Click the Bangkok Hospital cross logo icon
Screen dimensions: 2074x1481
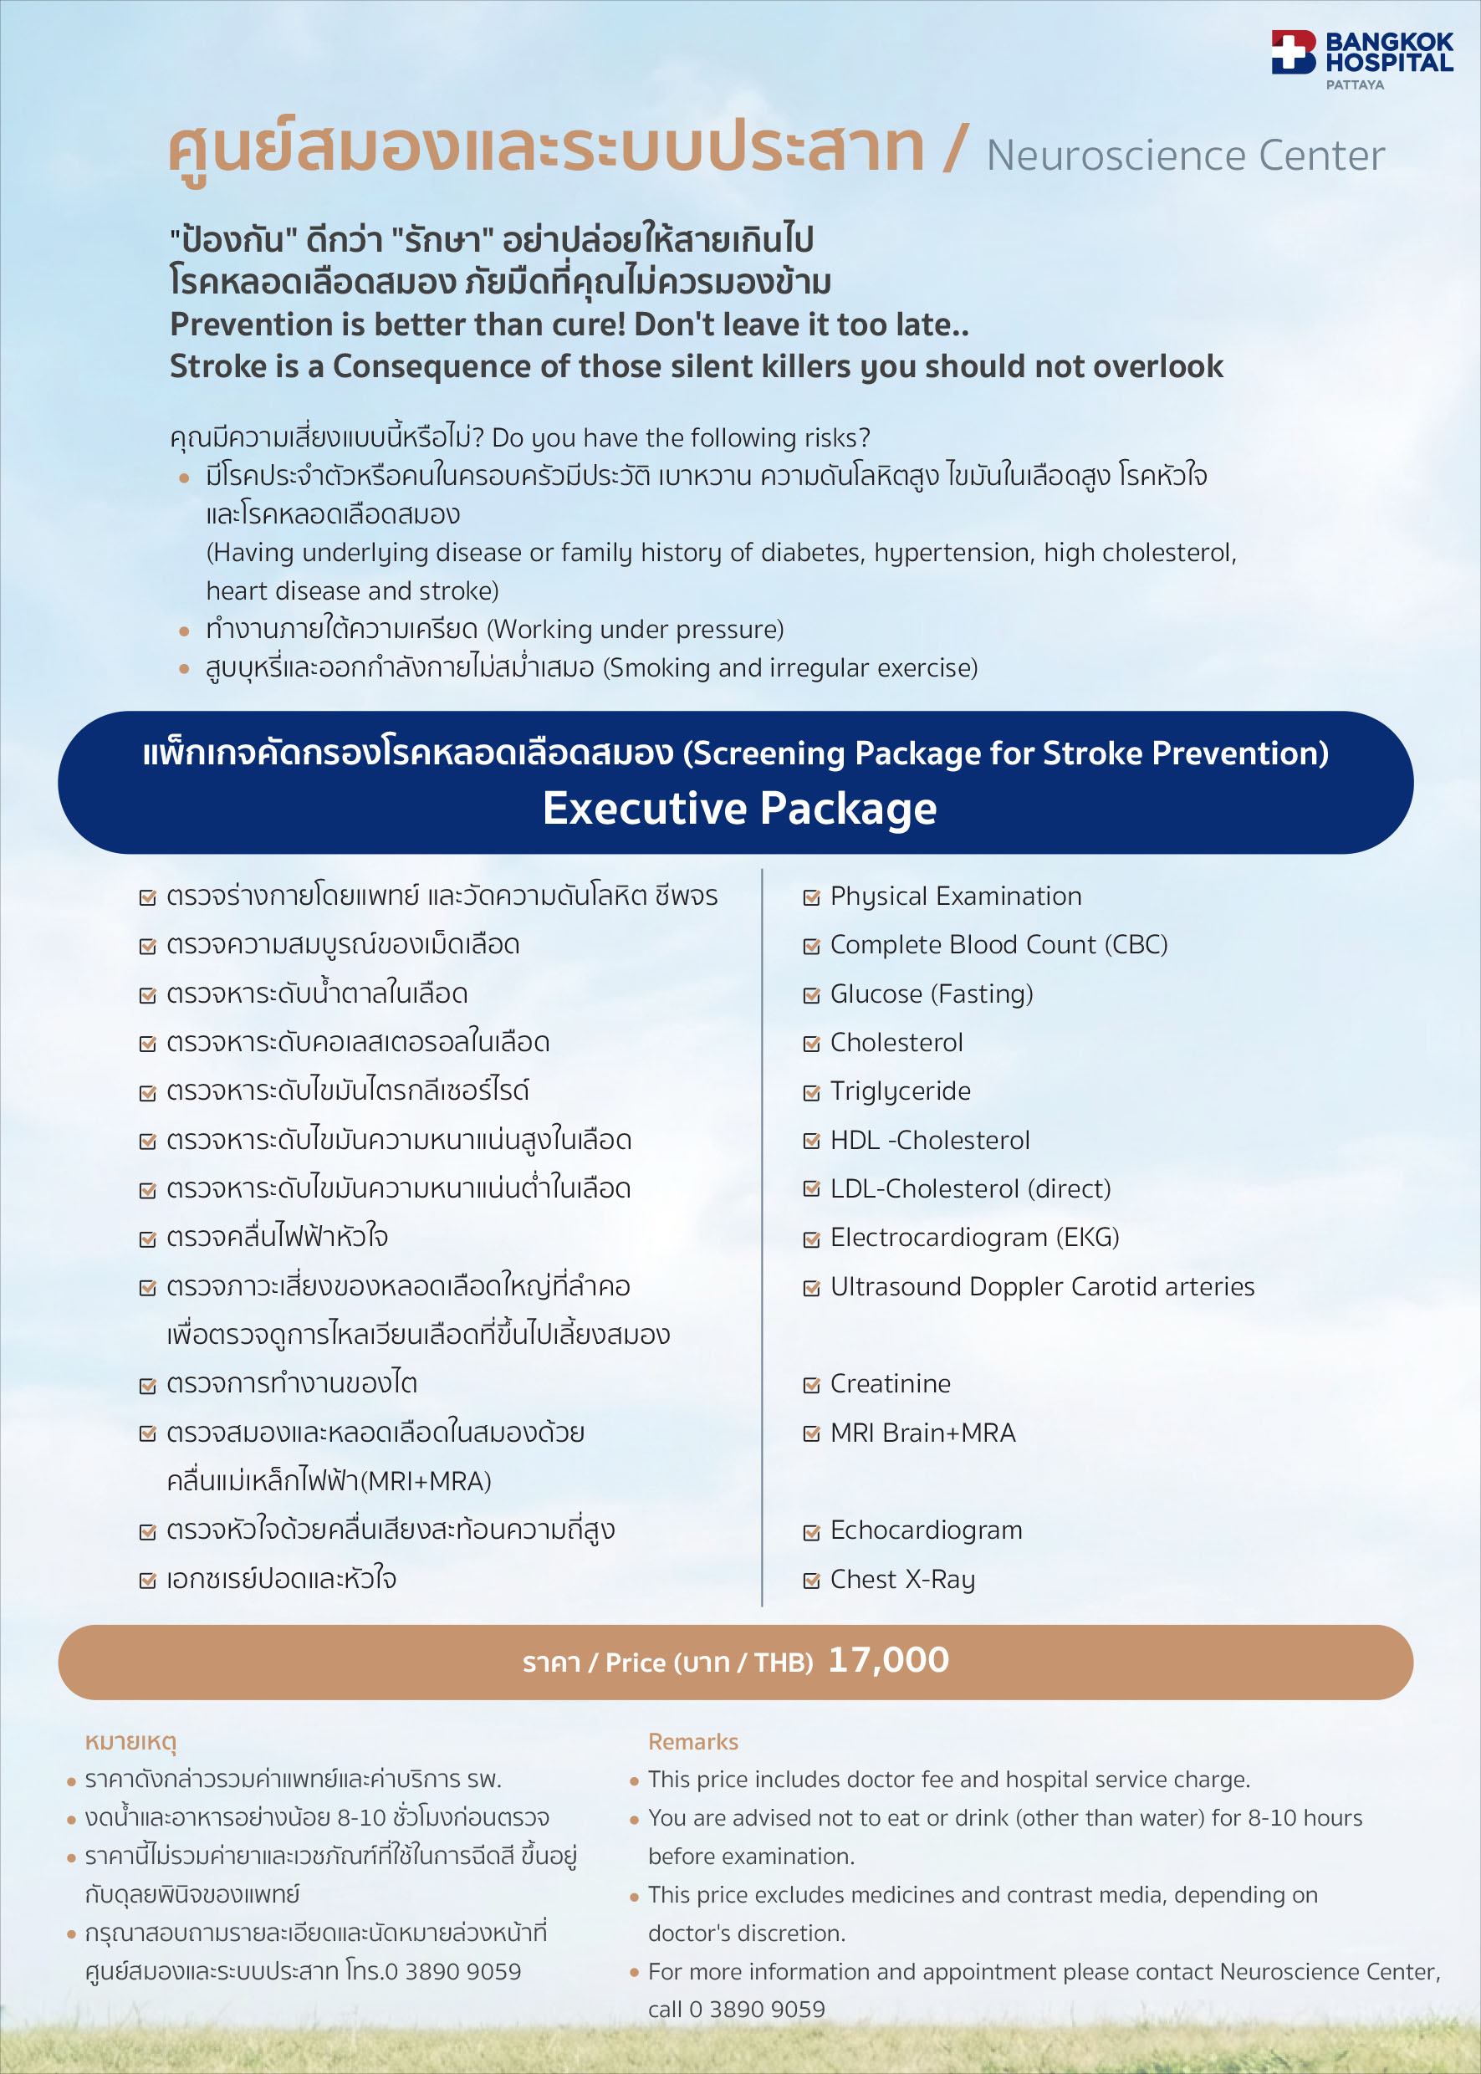(1293, 52)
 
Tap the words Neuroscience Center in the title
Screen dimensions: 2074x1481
(1185, 156)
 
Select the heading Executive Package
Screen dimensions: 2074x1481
(739, 808)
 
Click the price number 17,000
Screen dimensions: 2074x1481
(888, 1660)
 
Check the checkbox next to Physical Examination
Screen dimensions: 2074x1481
(810, 897)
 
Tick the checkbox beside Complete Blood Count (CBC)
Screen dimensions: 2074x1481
(810, 946)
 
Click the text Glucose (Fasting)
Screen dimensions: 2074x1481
(931, 994)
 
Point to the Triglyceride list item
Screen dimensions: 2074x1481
(899, 1091)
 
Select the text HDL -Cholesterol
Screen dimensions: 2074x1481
(929, 1140)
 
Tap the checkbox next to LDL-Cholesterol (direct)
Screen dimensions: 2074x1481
(810, 1188)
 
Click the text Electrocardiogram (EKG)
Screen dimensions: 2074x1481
(974, 1237)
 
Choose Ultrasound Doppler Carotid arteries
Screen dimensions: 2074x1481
(1041, 1286)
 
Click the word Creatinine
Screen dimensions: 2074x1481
(890, 1383)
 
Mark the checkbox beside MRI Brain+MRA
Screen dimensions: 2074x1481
(810, 1433)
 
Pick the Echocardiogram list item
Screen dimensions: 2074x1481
(926, 1530)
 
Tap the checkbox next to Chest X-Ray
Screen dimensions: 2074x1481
(810, 1580)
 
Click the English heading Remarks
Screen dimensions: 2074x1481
(693, 1741)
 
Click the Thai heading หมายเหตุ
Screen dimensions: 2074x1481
(130, 1741)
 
